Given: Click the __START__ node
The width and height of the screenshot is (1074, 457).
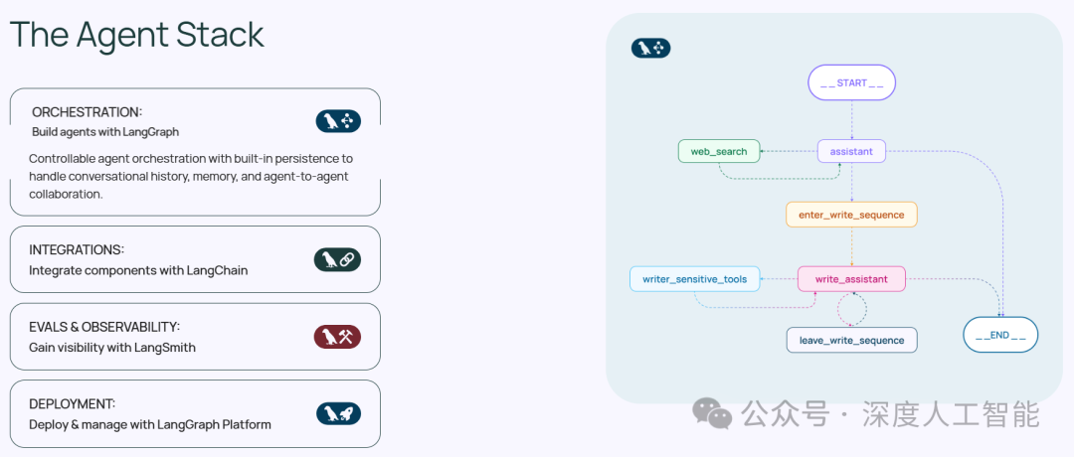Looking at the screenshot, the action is (x=851, y=82).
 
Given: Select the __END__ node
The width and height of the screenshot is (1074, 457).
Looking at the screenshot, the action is (x=1000, y=335).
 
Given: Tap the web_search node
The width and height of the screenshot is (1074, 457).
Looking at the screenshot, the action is (x=719, y=151).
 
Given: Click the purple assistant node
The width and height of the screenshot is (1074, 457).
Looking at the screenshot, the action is (x=851, y=151).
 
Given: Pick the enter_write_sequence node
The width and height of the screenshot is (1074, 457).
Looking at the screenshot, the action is (x=851, y=215).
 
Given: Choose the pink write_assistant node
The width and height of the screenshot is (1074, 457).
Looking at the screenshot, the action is (x=851, y=279).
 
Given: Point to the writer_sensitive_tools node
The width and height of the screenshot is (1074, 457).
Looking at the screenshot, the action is (x=694, y=279).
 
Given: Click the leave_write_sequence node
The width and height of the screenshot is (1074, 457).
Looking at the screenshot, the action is (x=851, y=340).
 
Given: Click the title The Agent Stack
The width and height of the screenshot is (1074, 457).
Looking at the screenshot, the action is (x=137, y=35).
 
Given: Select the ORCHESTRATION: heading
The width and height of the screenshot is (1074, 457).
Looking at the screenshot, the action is (x=87, y=112).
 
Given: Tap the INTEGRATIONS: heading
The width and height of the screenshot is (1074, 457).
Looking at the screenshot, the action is (x=77, y=249).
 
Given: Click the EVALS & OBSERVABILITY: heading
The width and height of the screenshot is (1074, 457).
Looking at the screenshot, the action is (x=104, y=327).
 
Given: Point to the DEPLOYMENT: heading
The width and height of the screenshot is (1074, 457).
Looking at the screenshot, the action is (x=73, y=403).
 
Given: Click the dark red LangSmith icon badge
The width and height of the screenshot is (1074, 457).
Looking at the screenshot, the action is (x=337, y=337).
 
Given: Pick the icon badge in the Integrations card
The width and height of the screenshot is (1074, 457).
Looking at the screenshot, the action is (x=337, y=260).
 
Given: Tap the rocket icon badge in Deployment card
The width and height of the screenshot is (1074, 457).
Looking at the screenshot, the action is (x=337, y=413).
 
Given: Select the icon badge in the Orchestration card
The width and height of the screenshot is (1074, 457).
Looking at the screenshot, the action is (x=337, y=121).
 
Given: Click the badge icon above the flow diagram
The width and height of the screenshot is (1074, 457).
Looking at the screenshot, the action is (x=651, y=47).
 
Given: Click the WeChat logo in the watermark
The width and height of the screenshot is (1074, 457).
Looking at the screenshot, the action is (x=712, y=412).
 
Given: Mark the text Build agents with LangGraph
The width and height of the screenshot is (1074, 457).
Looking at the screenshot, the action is (x=105, y=131).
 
